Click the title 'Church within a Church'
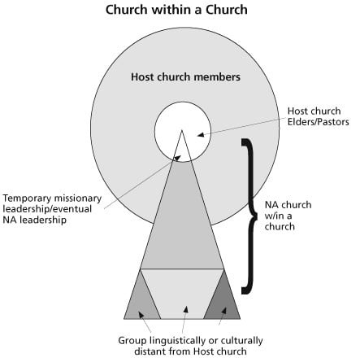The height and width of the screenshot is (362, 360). pyautogui.click(x=176, y=10)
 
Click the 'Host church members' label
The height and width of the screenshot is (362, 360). pyautogui.click(x=185, y=76)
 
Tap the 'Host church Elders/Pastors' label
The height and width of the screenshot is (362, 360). pyautogui.click(x=318, y=116)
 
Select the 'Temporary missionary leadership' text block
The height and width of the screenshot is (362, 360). pyautogui.click(x=52, y=209)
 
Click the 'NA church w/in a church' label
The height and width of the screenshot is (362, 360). pyautogui.click(x=288, y=216)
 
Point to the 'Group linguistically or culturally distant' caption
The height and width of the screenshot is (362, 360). pyautogui.click(x=190, y=346)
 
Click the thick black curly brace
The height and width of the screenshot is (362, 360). pyautogui.click(x=249, y=216)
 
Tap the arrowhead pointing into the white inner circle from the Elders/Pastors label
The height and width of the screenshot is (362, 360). pyautogui.click(x=200, y=134)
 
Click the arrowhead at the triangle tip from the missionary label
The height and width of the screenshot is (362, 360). pyautogui.click(x=177, y=158)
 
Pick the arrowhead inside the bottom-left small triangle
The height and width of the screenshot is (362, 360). pyautogui.click(x=141, y=315)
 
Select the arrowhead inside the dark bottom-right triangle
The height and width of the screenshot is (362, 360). pyautogui.click(x=224, y=311)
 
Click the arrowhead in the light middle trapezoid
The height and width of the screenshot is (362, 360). pyautogui.click(x=185, y=309)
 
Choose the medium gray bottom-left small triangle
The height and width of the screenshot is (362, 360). pyautogui.click(x=141, y=302)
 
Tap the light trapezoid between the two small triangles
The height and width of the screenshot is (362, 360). pyautogui.click(x=182, y=294)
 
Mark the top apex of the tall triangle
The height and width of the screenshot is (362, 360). pyautogui.click(x=182, y=130)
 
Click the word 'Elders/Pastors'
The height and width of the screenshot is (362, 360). pyautogui.click(x=318, y=122)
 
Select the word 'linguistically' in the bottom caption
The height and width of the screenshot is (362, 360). pyautogui.click(x=180, y=341)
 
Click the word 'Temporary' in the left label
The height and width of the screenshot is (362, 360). pyautogui.click(x=27, y=198)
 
